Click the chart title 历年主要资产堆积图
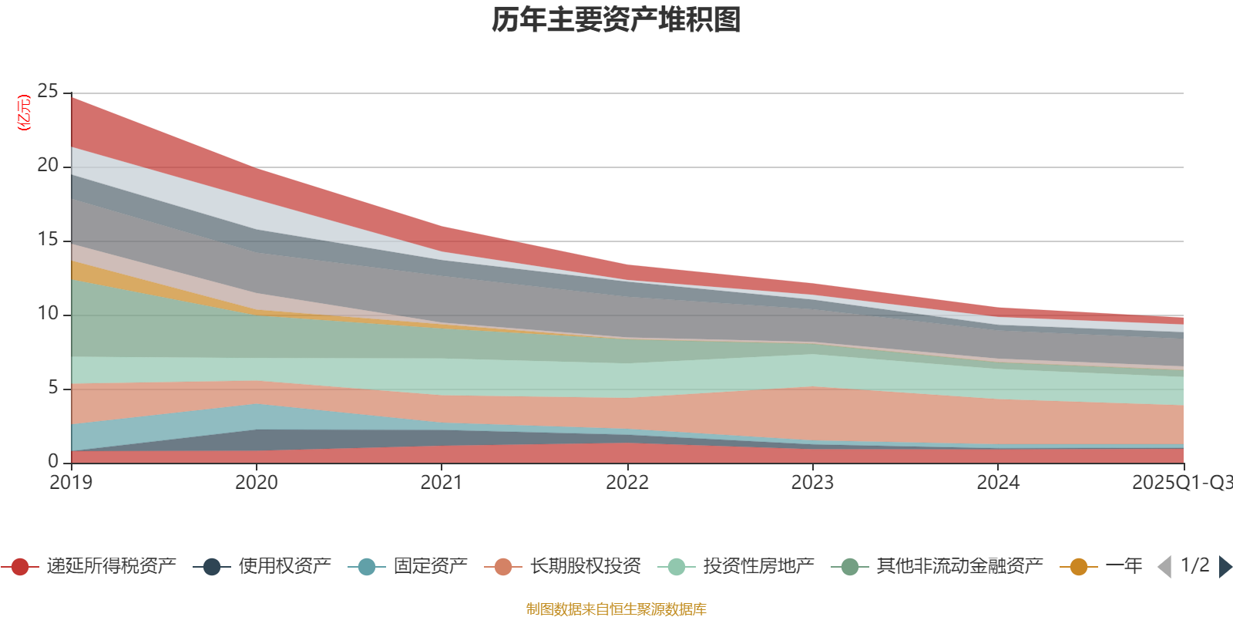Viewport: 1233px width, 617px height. click(616, 20)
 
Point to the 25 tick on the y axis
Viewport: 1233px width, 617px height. click(48, 92)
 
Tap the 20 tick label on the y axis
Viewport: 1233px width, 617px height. click(48, 166)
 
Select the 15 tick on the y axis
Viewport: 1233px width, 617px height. click(48, 240)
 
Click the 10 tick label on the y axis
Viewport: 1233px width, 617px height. click(48, 314)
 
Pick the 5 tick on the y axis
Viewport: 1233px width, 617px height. click(53, 388)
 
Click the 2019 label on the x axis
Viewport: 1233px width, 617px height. click(71, 483)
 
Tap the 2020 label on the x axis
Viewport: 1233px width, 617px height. click(256, 483)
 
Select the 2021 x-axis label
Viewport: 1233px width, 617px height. click(442, 483)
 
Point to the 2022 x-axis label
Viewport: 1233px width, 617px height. click(627, 483)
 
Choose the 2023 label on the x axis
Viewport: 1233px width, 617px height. click(812, 483)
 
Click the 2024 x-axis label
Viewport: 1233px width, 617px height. click(998, 483)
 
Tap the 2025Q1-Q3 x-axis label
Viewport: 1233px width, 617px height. click(1181, 483)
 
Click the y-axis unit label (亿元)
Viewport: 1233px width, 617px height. click(24, 113)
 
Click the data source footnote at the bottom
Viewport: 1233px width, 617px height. click(616, 609)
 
